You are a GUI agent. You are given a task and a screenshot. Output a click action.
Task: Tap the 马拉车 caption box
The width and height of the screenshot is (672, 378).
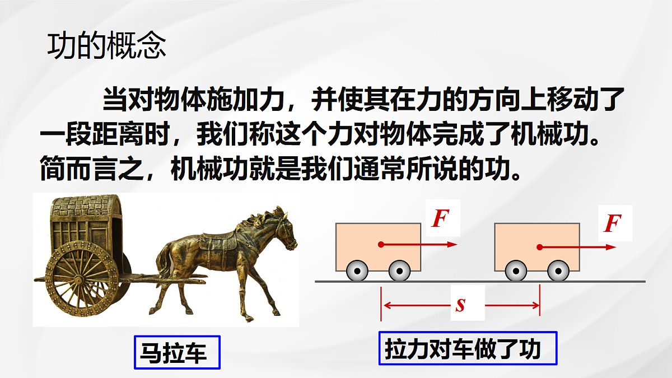tap(177, 352)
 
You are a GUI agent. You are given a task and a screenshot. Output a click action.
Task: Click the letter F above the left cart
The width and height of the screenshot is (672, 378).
tap(440, 218)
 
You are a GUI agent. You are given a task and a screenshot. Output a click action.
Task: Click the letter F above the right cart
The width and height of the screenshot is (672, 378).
tap(613, 223)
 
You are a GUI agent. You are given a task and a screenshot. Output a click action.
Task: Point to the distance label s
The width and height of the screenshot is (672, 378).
tap(461, 306)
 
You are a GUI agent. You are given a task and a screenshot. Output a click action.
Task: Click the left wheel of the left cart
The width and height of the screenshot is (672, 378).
tap(357, 272)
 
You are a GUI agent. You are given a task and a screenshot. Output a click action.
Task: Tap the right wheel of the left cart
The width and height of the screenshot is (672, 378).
tap(399, 272)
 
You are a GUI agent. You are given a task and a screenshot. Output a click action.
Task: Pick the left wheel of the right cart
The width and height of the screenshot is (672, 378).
tap(515, 272)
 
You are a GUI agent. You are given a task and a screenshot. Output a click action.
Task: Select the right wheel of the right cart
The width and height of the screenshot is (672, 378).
tap(558, 272)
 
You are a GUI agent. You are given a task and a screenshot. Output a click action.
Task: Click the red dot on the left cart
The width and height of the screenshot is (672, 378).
tap(381, 245)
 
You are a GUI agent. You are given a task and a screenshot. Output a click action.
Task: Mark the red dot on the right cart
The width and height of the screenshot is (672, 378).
tap(539, 247)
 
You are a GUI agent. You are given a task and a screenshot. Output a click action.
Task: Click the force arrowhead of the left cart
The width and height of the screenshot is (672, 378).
tap(454, 245)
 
